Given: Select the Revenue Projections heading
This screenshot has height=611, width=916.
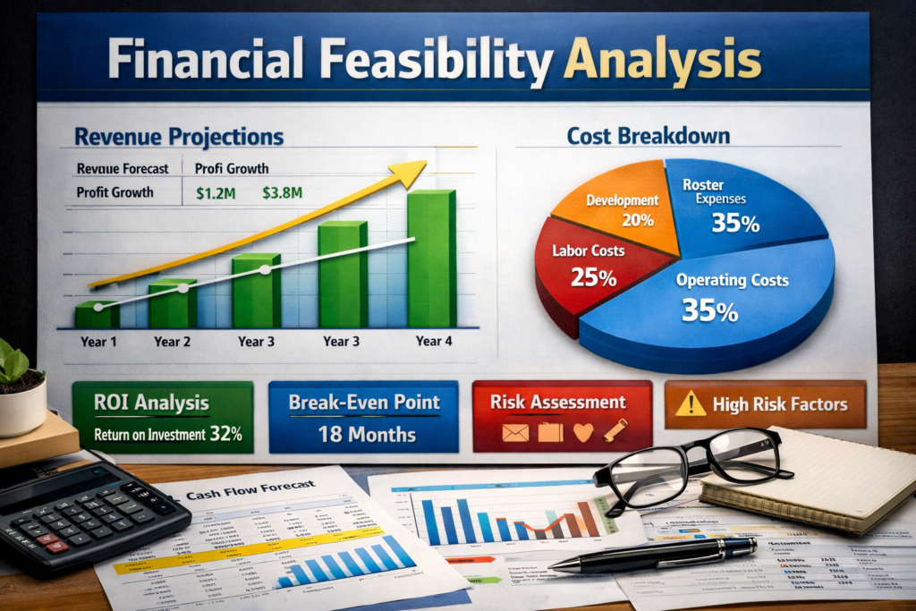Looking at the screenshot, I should [x=179, y=137].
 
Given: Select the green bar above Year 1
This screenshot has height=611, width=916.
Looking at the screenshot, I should [x=97, y=315].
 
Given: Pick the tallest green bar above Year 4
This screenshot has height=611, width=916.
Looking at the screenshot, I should [x=431, y=259].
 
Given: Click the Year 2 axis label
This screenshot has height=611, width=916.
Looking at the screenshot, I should [x=173, y=341].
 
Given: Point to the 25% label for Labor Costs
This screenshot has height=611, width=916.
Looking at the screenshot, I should [x=594, y=277].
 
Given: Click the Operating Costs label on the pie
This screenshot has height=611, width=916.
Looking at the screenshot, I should [x=732, y=280].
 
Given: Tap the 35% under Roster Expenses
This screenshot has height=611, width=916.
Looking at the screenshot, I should [x=736, y=223].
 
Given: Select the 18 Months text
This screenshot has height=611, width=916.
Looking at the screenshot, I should [x=367, y=435].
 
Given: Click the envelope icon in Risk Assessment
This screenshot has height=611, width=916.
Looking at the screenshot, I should [x=514, y=433].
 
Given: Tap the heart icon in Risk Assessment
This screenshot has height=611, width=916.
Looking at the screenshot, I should [x=583, y=433].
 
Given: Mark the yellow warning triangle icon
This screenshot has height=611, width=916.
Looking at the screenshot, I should [x=691, y=405].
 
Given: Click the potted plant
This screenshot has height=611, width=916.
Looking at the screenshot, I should [x=20, y=385].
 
